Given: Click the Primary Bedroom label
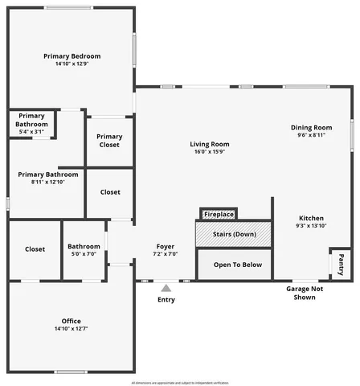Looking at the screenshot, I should click(72, 56).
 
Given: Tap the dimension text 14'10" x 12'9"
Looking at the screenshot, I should click(72, 64).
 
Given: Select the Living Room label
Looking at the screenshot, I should click(210, 144).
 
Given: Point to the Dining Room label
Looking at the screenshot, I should click(311, 128).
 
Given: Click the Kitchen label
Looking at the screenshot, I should click(311, 218).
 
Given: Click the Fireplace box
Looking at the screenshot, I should click(219, 215).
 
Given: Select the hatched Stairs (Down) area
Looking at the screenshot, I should click(234, 234).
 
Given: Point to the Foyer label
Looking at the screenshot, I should click(165, 246).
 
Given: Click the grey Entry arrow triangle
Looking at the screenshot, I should click(166, 287).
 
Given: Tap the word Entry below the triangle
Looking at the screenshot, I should click(166, 300).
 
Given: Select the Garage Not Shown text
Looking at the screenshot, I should click(305, 292).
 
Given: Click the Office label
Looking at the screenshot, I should click(72, 321).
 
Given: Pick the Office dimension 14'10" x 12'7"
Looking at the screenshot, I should click(72, 329).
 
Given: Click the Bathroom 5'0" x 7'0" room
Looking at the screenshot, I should click(84, 249).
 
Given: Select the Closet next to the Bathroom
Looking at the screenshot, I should click(35, 249).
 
